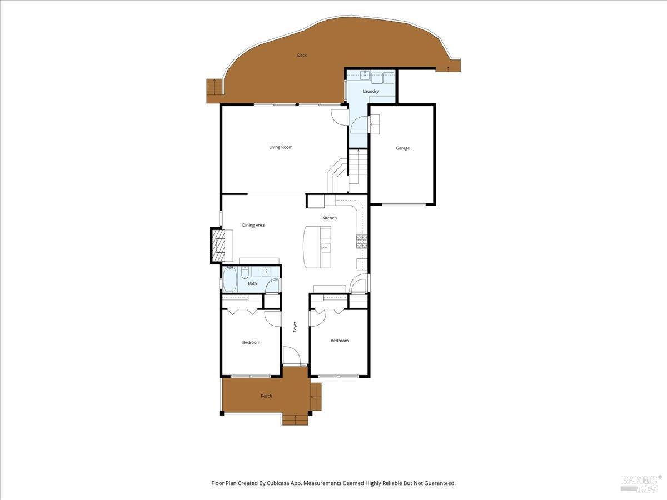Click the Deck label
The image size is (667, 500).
tap(302, 55)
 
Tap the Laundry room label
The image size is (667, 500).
tap(370, 91)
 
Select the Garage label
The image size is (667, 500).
tap(402, 148)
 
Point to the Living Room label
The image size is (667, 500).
tap(281, 147)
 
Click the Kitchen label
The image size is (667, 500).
tap(330, 218)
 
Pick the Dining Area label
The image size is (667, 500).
tap(253, 225)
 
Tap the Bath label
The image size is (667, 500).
tap(252, 283)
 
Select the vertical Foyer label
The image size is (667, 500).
tap(295, 327)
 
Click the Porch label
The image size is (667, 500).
tap(266, 396)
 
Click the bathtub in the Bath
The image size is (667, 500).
tap(230, 280)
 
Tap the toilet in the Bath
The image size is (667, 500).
tap(245, 273)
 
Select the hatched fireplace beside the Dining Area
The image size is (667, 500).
tap(218, 246)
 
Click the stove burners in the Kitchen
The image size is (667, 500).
tap(362, 242)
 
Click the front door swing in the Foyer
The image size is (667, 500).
tap(292, 355)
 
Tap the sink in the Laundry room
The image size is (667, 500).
tap(365, 75)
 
